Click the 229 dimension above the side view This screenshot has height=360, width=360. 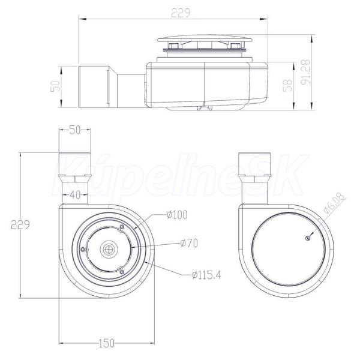click(181, 13)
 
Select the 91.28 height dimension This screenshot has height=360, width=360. click(305, 72)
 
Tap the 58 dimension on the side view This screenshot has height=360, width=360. click(287, 85)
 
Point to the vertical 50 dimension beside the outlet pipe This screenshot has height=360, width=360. click(55, 86)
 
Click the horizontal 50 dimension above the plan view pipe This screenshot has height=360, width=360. click(75, 130)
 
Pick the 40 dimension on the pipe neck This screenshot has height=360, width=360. click(75, 195)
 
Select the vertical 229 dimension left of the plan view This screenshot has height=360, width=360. click(20, 224)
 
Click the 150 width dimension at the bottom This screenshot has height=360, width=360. click(106, 343)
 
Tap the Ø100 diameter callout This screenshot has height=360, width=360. click(177, 215)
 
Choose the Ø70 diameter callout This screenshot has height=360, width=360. click(189, 244)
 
